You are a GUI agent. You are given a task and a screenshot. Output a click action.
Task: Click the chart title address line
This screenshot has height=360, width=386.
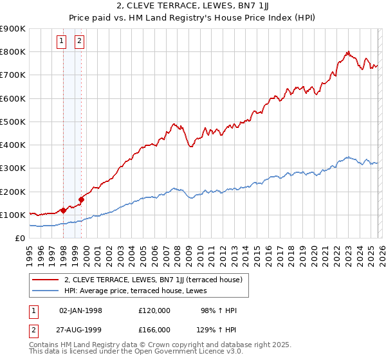click(192, 6)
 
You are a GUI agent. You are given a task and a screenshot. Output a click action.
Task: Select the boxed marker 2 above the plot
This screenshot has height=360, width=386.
click(79, 42)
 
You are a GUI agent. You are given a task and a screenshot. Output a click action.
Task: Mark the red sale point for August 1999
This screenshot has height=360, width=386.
click(82, 199)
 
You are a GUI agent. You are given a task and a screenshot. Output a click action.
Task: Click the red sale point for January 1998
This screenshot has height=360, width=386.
click(63, 210)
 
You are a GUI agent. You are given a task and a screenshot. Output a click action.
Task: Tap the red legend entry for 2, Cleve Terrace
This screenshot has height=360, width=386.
click(153, 280)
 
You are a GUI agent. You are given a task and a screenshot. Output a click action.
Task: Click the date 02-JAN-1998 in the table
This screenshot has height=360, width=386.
click(80, 310)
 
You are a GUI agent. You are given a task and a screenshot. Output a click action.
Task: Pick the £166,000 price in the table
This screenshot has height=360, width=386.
click(154, 329)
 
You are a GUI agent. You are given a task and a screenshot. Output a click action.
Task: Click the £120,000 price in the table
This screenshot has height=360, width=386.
click(154, 310)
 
